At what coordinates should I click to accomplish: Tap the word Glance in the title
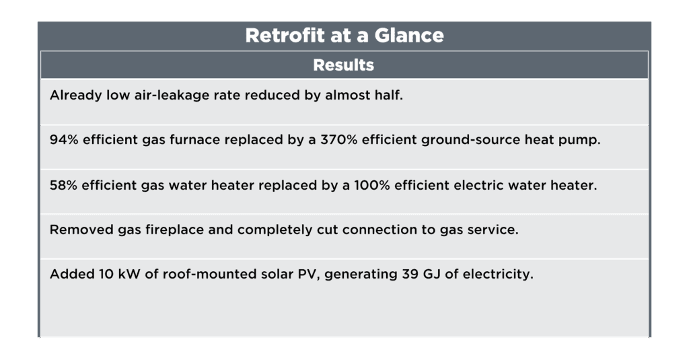click(x=412, y=36)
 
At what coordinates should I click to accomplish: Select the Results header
click(x=344, y=66)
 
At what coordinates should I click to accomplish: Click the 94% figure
click(x=63, y=140)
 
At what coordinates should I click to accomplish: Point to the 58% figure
click(x=63, y=185)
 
